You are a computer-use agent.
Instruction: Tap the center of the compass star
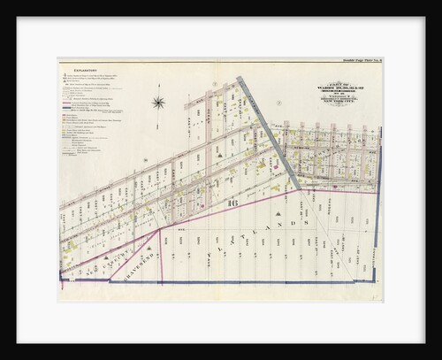click(159, 102)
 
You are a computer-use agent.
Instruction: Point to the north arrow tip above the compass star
click(159, 92)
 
